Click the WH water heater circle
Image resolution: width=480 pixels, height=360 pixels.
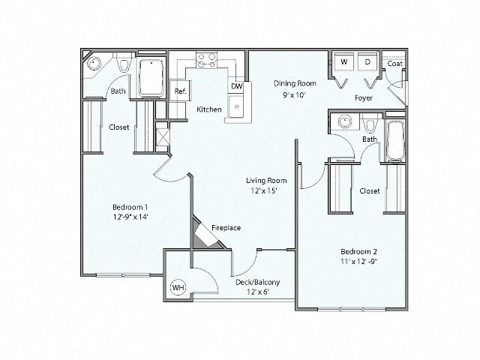(x=178, y=286)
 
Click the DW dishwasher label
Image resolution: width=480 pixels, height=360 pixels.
(x=236, y=87)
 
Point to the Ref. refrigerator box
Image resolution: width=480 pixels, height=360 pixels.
(x=180, y=91)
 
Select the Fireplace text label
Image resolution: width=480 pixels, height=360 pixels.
(x=225, y=227)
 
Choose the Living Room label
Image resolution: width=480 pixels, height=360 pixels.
(x=268, y=180)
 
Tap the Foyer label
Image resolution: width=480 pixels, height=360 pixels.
(x=364, y=97)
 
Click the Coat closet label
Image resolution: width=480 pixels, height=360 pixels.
(x=395, y=64)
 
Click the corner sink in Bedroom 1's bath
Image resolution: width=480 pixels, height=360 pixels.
(x=94, y=64)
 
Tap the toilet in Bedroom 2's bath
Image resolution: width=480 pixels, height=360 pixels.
(x=371, y=122)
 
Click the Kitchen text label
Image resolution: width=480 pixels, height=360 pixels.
(x=209, y=109)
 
